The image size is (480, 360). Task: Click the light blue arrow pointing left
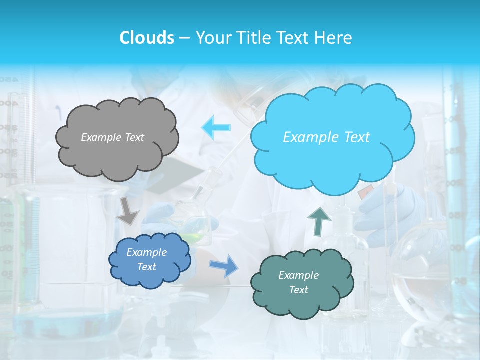[x=216, y=128]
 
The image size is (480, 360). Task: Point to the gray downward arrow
[x=128, y=210]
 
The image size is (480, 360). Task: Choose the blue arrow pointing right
[x=224, y=265]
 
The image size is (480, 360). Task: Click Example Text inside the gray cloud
[x=112, y=137]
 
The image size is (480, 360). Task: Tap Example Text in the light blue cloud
[x=326, y=137]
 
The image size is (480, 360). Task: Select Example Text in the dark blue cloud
[x=147, y=260]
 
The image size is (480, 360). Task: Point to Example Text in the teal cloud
[x=298, y=282]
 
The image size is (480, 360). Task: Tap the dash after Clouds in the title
[x=184, y=38]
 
